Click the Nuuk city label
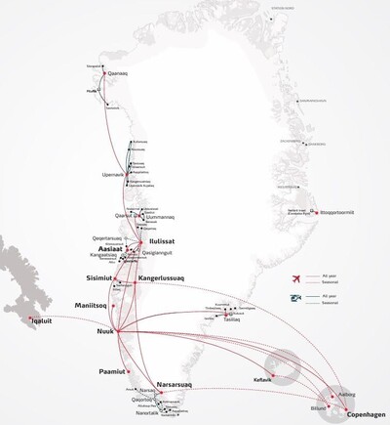(100, 332)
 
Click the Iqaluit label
(36, 318)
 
